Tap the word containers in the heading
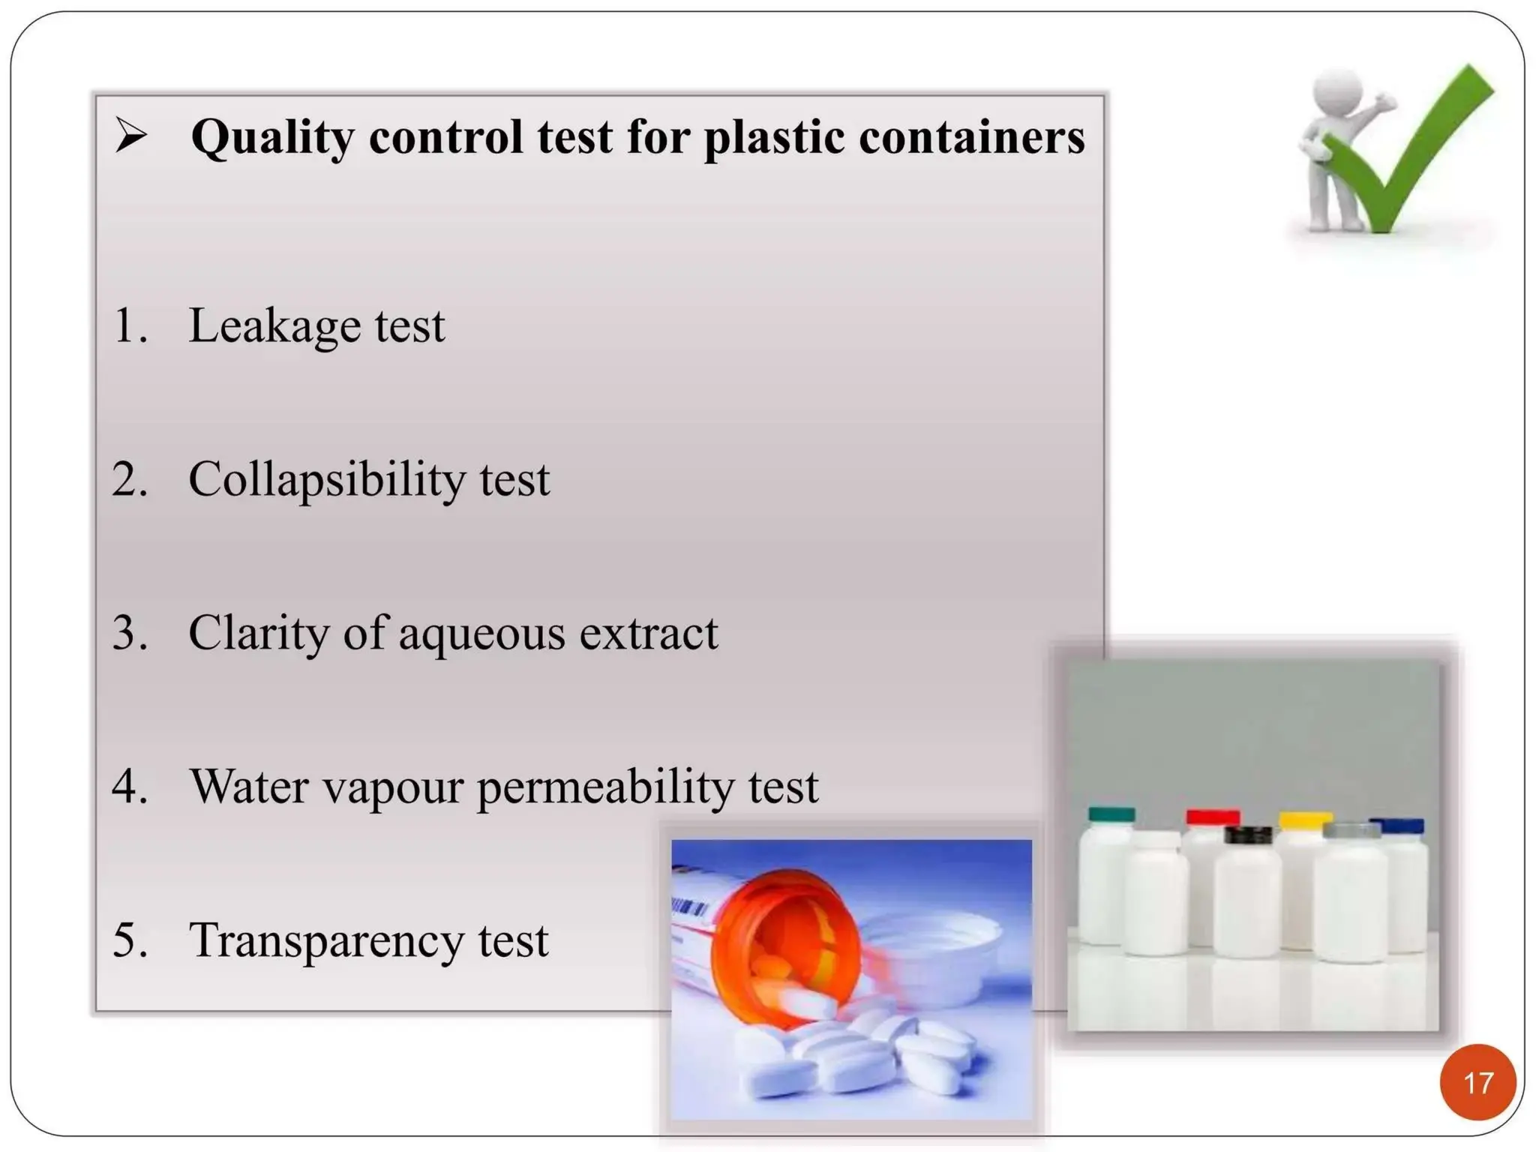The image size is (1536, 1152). coord(971,137)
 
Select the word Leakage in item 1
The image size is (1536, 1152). coord(274,327)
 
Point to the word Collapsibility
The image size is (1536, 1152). coord(326,480)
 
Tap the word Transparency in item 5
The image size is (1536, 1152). coord(326,941)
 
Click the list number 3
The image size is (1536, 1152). coord(128,633)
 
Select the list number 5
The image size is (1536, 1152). coord(128,940)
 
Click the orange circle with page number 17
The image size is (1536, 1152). coord(1477,1082)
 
